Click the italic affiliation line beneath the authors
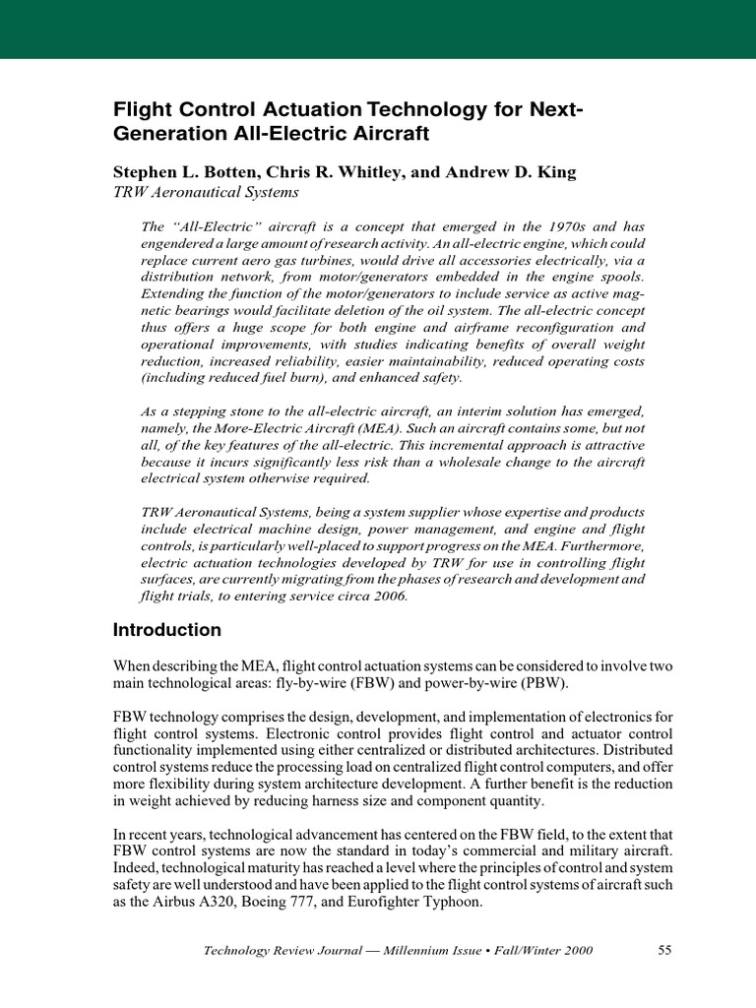coord(206,193)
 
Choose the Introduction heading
coord(167,630)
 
